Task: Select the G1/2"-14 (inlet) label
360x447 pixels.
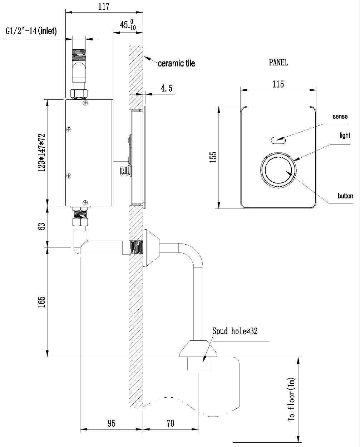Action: coord(31,31)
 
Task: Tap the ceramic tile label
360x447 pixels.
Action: coord(176,64)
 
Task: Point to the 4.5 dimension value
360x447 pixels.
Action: coord(167,88)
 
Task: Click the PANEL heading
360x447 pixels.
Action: coord(278,63)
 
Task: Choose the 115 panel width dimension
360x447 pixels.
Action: coord(278,84)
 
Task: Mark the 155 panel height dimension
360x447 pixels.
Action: coord(213,157)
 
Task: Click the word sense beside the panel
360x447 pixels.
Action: coord(340,117)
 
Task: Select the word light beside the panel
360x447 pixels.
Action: coord(345,136)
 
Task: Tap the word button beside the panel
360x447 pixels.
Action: coord(345,196)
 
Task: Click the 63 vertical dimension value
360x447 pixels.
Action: coord(42,226)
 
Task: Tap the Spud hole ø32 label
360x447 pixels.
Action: coord(235,331)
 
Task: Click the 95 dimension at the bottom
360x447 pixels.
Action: coord(111,423)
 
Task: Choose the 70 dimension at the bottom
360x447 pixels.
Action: coord(170,423)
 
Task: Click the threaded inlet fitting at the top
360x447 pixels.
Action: coord(79,56)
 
